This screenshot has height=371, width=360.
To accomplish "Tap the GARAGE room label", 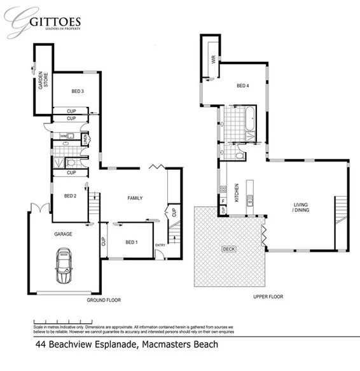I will pos(62,234).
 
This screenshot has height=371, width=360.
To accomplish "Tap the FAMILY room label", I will pos(135,198).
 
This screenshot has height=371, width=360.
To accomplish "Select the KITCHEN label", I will pos(237,192).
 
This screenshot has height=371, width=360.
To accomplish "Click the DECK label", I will pos(228,249).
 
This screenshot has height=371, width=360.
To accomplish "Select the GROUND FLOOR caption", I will pos(104,300).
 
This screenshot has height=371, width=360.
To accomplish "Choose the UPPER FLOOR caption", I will pos(268,297).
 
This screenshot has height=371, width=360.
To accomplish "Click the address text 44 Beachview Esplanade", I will pos(126,344).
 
